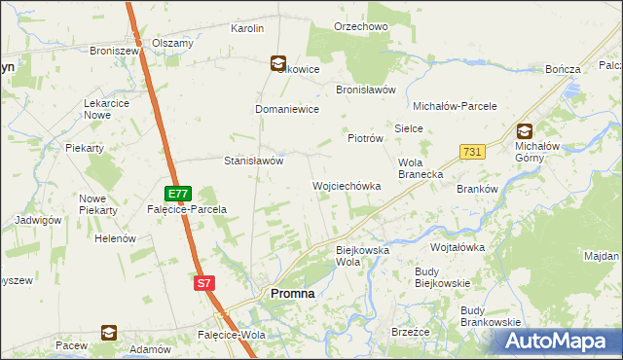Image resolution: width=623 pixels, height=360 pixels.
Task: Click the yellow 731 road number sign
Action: [x=472, y=152]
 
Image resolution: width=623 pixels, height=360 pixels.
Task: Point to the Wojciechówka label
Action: [x=346, y=185]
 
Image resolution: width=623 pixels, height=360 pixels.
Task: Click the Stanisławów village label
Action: [x=254, y=161]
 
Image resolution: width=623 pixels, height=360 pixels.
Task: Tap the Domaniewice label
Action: [x=287, y=110]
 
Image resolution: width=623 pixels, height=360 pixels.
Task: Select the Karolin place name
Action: [x=247, y=29]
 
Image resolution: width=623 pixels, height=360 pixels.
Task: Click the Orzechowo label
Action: [x=361, y=27]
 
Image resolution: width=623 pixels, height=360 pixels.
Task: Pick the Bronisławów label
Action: [x=366, y=90]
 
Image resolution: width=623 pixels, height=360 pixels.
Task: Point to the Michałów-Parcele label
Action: [x=456, y=106]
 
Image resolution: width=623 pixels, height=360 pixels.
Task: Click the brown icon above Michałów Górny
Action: [x=525, y=130]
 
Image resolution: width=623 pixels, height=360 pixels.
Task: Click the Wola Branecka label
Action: [x=421, y=168]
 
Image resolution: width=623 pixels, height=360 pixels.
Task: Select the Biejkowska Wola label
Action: [x=362, y=256]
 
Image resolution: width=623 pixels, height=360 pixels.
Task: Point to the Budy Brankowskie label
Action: [x=492, y=316]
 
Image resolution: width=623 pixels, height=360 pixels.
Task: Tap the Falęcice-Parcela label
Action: [x=187, y=209]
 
